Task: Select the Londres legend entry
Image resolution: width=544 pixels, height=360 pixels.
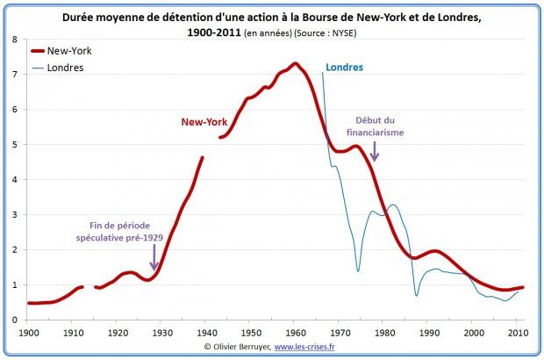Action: [x=65, y=67]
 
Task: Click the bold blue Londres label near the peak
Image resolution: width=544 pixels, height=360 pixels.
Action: [x=343, y=68]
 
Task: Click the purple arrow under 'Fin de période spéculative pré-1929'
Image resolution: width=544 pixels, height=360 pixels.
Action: [x=154, y=259]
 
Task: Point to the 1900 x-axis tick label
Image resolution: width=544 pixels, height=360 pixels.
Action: [x=29, y=334]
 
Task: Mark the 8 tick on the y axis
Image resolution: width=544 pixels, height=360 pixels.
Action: [x=16, y=40]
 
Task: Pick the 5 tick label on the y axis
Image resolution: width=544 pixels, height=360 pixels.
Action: [x=16, y=145]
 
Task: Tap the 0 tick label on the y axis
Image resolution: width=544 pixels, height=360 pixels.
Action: [x=16, y=320]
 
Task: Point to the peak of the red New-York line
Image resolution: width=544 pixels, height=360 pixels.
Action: [x=295, y=63]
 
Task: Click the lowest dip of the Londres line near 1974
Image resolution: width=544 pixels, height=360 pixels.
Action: [x=358, y=270]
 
